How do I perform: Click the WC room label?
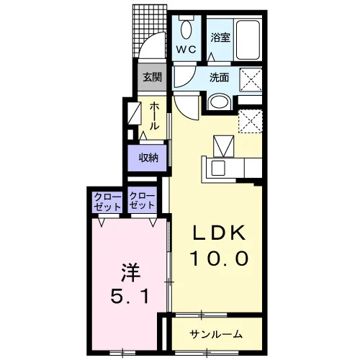click(186, 50)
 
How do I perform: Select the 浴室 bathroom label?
click(220, 37)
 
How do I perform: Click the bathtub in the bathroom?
click(248, 40)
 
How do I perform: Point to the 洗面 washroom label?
click(219, 78)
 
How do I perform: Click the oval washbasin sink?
click(220, 102)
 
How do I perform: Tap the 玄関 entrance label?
click(152, 77)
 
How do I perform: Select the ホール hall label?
click(154, 116)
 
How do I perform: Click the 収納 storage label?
click(148, 158)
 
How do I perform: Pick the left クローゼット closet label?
click(107, 202)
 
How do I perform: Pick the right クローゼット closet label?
click(142, 201)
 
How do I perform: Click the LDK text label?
click(220, 233)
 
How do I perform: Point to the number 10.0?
click(219, 258)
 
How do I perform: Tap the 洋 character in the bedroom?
click(130, 273)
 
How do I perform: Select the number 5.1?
click(130, 296)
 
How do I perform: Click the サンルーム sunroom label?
click(216, 334)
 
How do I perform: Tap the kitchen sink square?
click(218, 168)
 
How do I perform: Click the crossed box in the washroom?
click(251, 79)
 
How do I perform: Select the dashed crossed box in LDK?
click(250, 122)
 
